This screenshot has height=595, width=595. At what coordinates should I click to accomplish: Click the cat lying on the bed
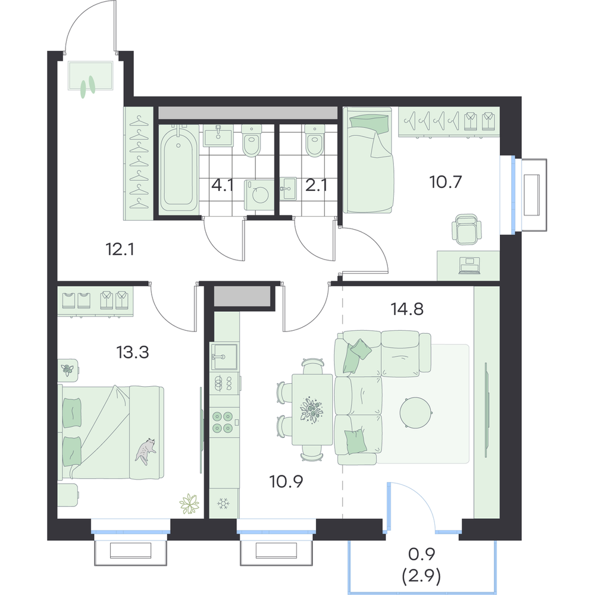coord(145,451)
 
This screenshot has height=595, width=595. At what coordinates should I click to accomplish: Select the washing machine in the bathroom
coord(259,195)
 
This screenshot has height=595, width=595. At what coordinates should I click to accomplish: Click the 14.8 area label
coord(407,309)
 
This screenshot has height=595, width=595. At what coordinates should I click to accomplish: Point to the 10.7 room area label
coord(446,182)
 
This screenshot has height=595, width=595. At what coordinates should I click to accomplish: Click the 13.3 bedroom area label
coord(133,352)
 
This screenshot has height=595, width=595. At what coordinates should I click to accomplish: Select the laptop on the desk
coord(469,265)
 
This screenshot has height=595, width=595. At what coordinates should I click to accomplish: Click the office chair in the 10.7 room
coord(466,229)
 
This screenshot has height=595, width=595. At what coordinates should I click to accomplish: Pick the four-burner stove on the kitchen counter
coord(223,422)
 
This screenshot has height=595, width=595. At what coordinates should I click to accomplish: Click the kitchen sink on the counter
coord(224,356)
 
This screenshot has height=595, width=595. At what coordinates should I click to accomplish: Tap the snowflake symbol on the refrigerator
coord(224,503)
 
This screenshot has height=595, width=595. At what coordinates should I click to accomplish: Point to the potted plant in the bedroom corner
coord(189,505)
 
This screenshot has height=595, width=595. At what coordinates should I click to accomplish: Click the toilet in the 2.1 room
coord(315,141)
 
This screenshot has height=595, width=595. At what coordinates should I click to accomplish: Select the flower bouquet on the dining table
coord(312,410)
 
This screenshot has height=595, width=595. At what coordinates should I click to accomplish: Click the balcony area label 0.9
coord(422,555)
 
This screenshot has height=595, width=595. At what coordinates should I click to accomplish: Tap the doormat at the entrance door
coord(90,76)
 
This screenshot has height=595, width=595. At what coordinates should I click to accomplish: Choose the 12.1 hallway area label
coord(120,249)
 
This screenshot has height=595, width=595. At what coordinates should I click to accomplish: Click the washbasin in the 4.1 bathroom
coord(218,136)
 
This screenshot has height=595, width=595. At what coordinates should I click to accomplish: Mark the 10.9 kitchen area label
coord(286,481)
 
